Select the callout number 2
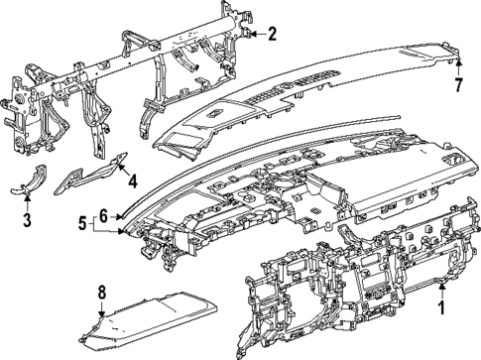[x=273, y=34]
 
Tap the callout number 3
[x=27, y=218]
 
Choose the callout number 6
[x=102, y=214]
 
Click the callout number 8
[x=101, y=292]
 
